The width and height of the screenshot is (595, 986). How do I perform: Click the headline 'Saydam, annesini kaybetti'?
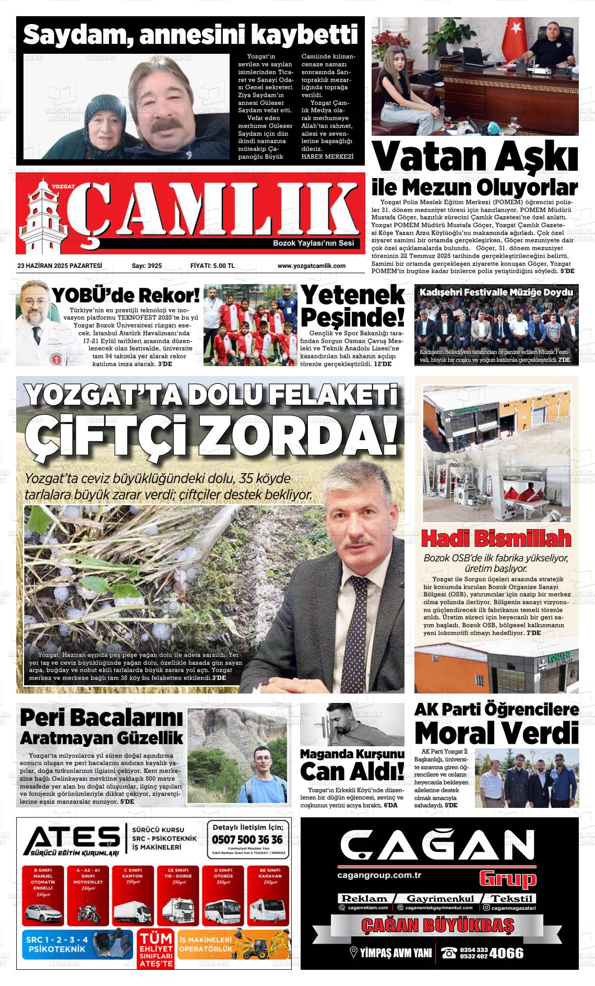click(x=191, y=35)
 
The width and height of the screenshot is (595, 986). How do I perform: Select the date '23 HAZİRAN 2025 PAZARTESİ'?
click(x=59, y=266)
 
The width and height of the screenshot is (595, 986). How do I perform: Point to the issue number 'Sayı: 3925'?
click(x=147, y=266)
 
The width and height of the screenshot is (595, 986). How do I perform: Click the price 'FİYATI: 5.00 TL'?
click(x=212, y=266)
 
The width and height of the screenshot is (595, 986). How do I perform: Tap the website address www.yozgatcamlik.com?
click(x=311, y=266)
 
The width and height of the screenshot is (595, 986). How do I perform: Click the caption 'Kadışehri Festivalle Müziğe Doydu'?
click(x=496, y=292)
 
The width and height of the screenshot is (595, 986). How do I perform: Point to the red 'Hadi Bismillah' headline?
click(x=496, y=538)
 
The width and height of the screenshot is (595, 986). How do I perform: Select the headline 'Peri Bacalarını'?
click(x=101, y=718)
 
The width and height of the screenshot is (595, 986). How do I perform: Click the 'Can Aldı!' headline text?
click(x=352, y=770)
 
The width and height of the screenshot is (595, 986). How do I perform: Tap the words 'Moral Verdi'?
click(x=496, y=732)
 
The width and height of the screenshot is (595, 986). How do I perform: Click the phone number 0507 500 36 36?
click(x=248, y=840)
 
